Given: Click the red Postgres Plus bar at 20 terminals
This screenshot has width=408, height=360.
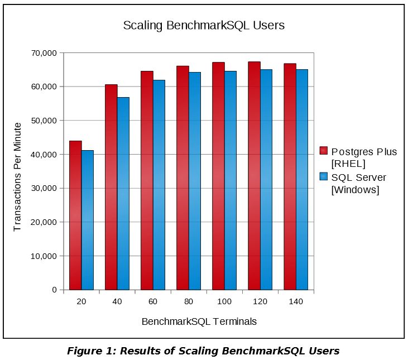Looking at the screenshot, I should tap(75, 215).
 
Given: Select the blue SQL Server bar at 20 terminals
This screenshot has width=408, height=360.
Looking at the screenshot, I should tap(88, 220).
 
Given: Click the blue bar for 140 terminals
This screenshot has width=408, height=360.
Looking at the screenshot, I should tap(302, 179).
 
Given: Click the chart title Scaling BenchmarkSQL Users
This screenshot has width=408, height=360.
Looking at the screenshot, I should tap(204, 26).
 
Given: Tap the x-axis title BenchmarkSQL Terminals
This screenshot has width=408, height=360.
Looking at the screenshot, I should tap(199, 321).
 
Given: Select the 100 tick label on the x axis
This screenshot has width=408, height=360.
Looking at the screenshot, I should tap(224, 301).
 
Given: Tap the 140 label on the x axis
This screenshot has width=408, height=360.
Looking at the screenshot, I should tap(295, 301).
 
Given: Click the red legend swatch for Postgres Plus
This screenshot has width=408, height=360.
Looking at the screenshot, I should tap(323, 151).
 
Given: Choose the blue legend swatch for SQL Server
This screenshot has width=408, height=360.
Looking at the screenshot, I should tap(323, 177).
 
